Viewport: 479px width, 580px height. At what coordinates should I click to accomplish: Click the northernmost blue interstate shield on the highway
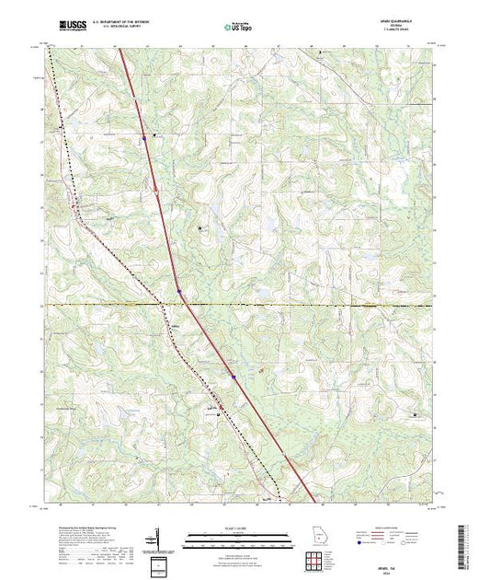[x=144, y=139]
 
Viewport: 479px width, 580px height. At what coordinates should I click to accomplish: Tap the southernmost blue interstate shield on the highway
[x=234, y=377]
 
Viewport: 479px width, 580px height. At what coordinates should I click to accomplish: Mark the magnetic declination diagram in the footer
[x=158, y=539]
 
